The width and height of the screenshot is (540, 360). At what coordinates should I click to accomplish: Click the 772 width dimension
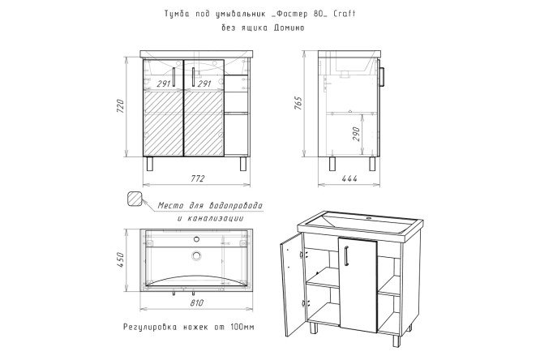[198, 178]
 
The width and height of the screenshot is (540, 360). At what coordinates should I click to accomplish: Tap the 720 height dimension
[120, 106]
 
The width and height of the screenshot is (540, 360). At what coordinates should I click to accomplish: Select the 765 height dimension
[298, 103]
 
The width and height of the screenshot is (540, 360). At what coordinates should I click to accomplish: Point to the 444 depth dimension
[349, 178]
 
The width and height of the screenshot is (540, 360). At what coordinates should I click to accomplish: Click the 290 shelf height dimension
[356, 134]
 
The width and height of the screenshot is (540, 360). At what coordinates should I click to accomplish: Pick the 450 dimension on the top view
[120, 260]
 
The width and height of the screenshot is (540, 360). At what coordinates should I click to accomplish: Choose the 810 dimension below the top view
[197, 303]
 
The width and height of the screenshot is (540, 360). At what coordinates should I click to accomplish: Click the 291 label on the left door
[165, 84]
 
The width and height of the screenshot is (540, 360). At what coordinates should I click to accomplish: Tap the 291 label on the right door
[204, 84]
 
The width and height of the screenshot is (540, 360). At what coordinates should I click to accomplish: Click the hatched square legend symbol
[135, 199]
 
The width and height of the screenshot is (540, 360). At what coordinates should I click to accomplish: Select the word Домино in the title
[289, 28]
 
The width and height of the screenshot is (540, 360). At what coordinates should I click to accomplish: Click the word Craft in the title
[345, 14]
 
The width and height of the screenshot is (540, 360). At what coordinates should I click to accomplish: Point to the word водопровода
[236, 206]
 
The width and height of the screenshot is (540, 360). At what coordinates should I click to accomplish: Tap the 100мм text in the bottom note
[242, 327]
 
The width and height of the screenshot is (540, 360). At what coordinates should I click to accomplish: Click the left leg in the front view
[150, 164]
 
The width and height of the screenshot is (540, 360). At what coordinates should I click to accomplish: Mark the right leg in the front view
[243, 164]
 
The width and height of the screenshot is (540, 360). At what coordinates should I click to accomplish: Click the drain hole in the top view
[197, 255]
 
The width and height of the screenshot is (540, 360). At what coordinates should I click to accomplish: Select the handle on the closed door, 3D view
[346, 255]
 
